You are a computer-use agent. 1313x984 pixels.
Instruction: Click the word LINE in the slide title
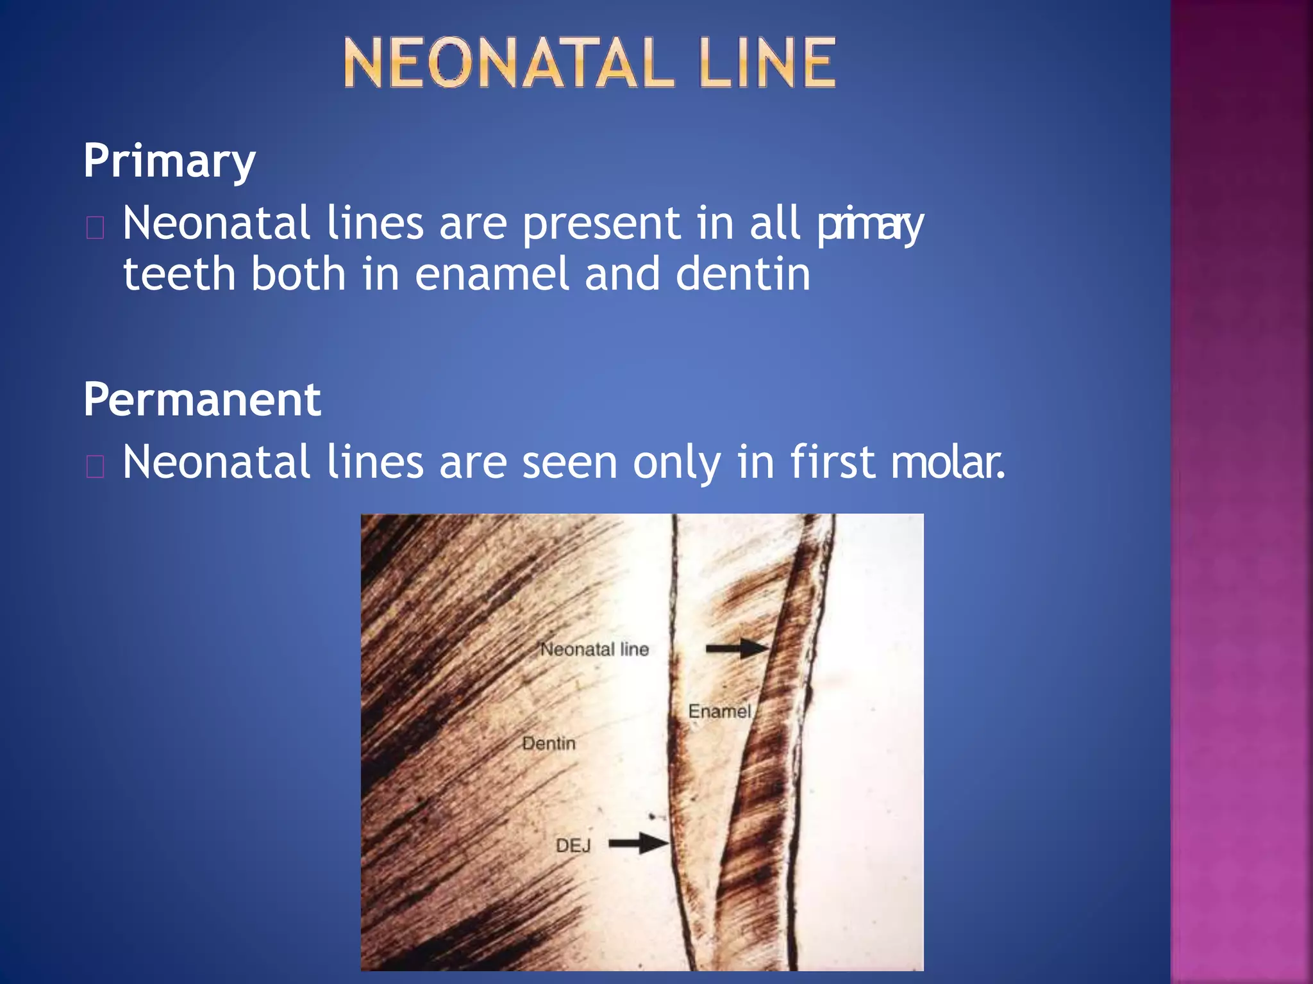pyautogui.click(x=767, y=63)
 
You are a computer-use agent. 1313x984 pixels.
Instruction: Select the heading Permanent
pyautogui.click(x=202, y=400)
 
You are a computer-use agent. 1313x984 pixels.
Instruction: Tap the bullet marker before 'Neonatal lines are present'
pyautogui.click(x=95, y=227)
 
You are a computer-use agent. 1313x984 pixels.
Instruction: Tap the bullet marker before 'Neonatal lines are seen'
pyautogui.click(x=95, y=466)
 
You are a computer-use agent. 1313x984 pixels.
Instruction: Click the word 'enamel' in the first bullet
pyautogui.click(x=492, y=274)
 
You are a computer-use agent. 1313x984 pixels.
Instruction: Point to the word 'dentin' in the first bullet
pyautogui.click(x=743, y=274)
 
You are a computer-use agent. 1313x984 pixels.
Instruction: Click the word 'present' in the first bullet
pyautogui.click(x=601, y=224)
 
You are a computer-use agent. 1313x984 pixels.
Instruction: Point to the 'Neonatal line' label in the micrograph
pyautogui.click(x=594, y=650)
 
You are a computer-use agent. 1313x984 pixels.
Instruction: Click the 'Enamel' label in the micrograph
pyautogui.click(x=719, y=712)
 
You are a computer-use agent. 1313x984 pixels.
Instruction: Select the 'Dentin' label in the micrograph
pyautogui.click(x=549, y=744)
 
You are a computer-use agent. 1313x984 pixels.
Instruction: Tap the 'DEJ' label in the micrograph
pyautogui.click(x=573, y=846)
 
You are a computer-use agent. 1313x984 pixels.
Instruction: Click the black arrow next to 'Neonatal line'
pyautogui.click(x=737, y=648)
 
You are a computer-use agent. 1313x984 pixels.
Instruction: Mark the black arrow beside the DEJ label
pyautogui.click(x=638, y=843)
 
